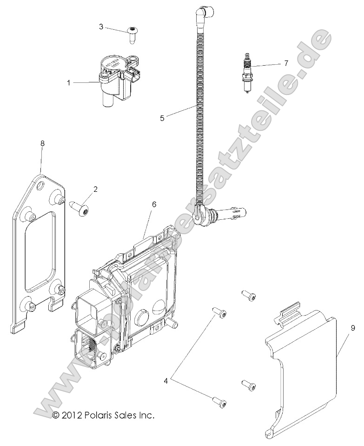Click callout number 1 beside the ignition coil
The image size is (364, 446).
tap(68, 83)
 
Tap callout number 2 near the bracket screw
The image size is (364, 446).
tap(95, 189)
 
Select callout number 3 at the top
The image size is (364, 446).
tap(101, 27)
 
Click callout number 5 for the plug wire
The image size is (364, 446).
tap(162, 118)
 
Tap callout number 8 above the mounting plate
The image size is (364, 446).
tap(42, 144)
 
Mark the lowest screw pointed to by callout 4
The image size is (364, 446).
tap(219, 401)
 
